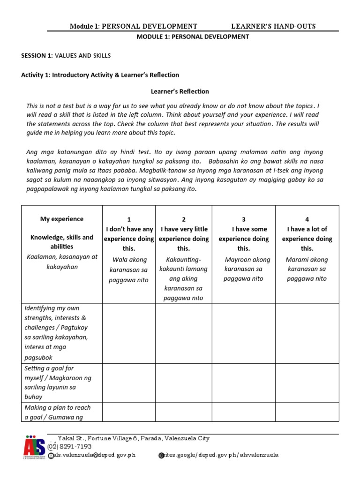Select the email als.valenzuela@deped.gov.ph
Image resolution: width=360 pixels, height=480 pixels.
pos(95,455)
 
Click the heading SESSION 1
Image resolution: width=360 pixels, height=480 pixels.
pos(37,55)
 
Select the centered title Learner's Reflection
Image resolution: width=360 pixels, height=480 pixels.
pos(180,91)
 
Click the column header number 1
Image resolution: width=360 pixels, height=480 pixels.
pos(129,219)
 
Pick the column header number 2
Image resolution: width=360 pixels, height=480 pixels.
pos(183,219)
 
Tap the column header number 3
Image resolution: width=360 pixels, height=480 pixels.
pos(243,219)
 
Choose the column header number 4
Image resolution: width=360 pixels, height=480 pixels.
pos(307,219)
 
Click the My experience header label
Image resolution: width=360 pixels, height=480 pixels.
pos(62,219)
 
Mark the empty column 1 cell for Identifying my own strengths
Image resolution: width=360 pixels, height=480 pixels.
pos(129,333)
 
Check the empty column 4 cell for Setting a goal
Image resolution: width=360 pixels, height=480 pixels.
pos(307,382)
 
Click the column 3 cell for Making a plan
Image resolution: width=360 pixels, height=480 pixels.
pos(243,412)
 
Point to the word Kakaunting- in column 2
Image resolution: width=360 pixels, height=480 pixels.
pos(183,259)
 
